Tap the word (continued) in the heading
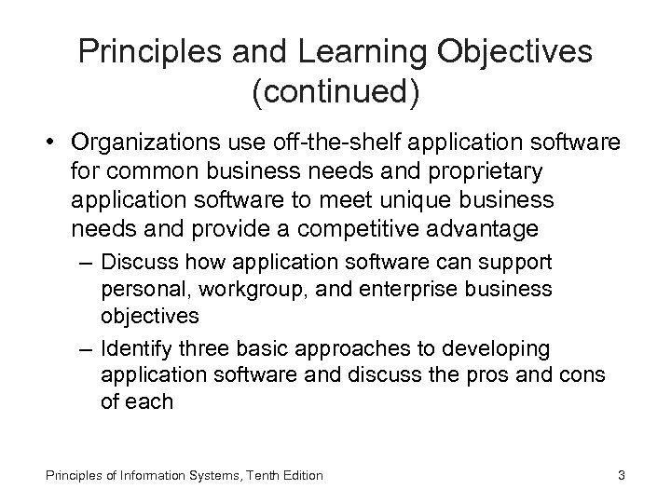(x=335, y=90)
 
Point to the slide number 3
(x=621, y=476)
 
